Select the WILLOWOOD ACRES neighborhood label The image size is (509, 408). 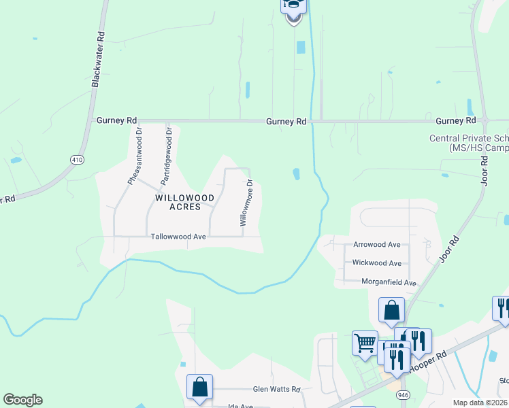point(184,202)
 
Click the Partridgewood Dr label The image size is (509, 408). point(167,155)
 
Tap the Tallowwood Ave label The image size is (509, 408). point(178,237)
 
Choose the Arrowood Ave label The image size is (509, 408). point(377,245)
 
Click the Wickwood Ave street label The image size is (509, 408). point(377,263)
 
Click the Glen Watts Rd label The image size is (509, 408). point(276,389)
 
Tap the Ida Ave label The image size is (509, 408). point(240,406)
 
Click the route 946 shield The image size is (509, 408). point(404,394)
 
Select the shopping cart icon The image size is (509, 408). point(365,342)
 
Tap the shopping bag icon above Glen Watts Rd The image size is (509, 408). point(199,386)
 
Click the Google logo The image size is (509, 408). point(22,400)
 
